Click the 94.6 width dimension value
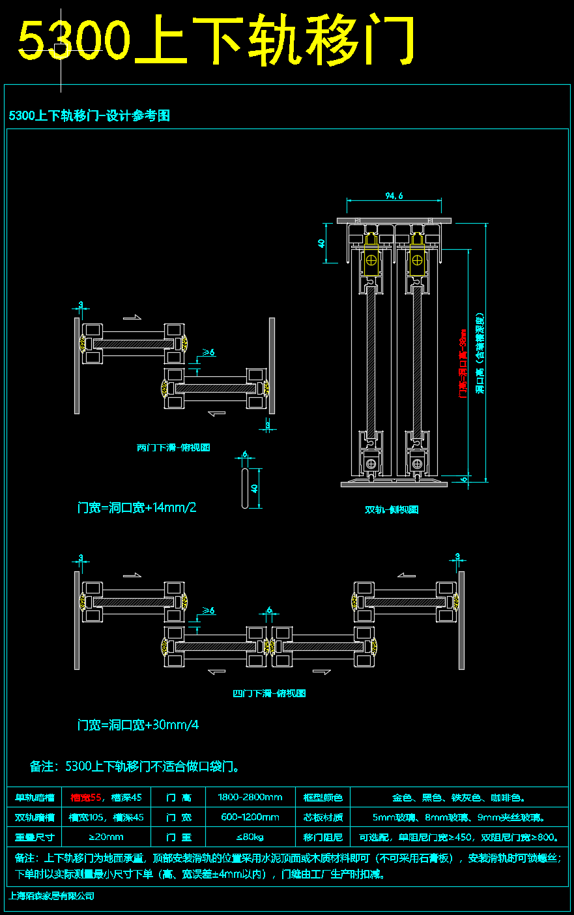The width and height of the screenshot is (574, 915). click(x=394, y=195)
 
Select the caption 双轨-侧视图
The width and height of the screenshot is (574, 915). click(x=392, y=510)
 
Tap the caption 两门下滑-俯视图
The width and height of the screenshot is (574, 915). click(x=173, y=448)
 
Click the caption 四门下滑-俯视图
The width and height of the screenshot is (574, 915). click(x=269, y=693)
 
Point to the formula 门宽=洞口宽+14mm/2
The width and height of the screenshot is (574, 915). click(x=137, y=507)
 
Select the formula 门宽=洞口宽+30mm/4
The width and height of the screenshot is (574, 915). click(x=138, y=725)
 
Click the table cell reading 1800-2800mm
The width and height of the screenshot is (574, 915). click(x=250, y=797)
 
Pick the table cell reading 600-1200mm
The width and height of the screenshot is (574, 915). click(x=250, y=817)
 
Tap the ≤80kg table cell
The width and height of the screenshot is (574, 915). click(x=250, y=837)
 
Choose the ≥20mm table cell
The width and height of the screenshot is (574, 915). click(x=106, y=837)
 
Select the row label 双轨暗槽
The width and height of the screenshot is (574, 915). click(x=35, y=817)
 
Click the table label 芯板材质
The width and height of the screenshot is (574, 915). click(x=323, y=817)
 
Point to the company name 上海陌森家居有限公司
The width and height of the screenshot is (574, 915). click(x=51, y=896)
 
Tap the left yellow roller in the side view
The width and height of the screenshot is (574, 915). click(x=371, y=260)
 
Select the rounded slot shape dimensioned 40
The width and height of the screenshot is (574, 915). click(x=245, y=487)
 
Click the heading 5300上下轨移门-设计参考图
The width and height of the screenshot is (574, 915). click(x=89, y=116)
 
